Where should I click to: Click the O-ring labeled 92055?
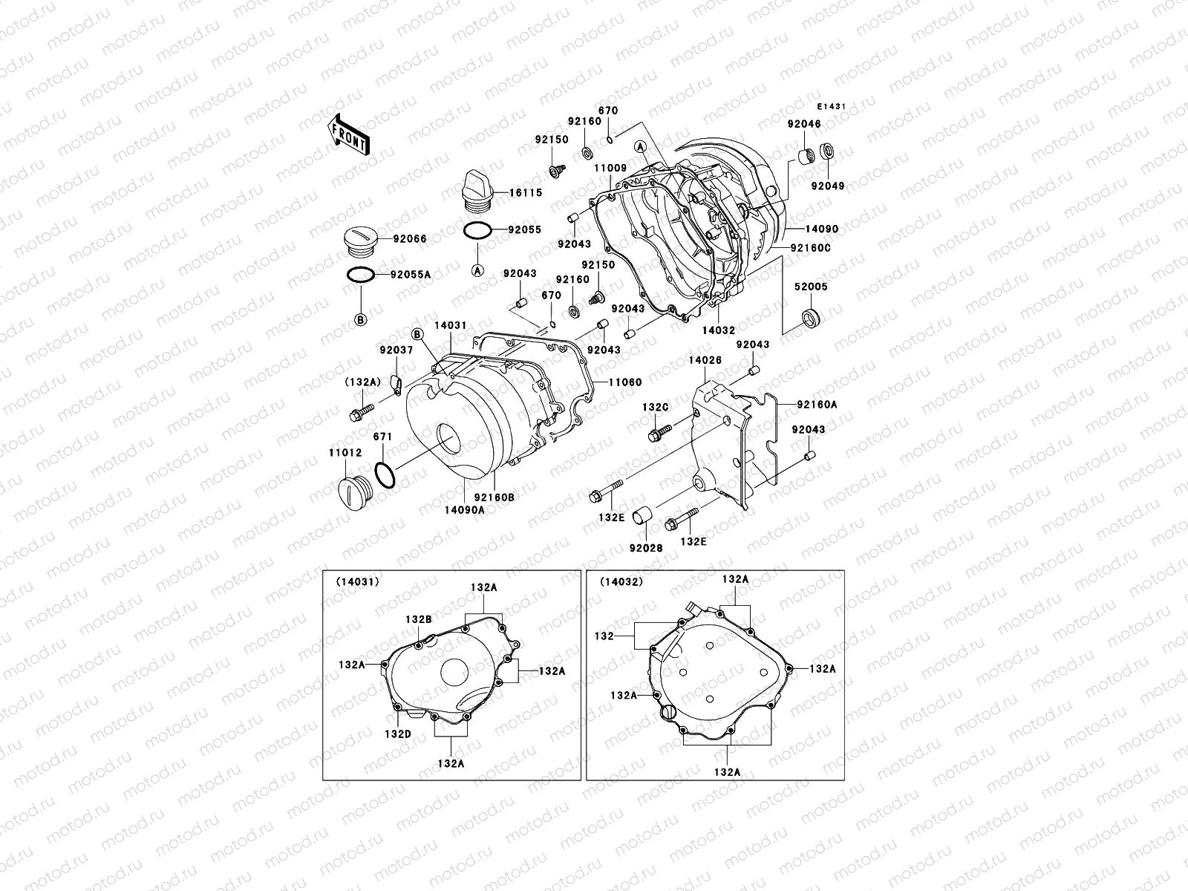477,231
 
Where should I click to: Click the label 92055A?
411,275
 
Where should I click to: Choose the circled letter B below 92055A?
361,320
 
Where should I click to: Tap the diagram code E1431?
833,106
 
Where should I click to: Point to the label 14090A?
464,510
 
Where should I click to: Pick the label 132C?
656,408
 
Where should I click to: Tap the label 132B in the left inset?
418,619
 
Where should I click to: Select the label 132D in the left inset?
397,734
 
